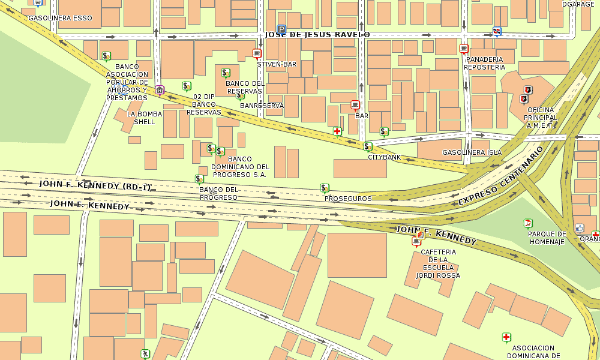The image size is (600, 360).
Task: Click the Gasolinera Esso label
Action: [61, 18]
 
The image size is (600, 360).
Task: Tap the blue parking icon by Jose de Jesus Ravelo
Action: [281, 29]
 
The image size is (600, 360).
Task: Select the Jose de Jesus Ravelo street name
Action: [317, 35]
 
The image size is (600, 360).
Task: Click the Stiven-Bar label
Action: [277, 64]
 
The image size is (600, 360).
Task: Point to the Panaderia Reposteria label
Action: [485, 63]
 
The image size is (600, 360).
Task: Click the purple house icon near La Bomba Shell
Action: [159, 90]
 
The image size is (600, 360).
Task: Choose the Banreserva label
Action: [262, 106]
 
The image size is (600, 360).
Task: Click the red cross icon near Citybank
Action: [337, 131]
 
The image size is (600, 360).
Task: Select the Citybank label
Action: [384, 157]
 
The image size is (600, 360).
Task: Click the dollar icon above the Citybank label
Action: [368, 146]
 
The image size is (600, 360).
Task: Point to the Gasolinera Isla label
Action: [472, 152]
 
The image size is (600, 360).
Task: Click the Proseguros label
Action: [348, 198]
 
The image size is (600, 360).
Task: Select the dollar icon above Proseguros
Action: [325, 188]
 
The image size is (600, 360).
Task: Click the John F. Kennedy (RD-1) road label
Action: [95, 185]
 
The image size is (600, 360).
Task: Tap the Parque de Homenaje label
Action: [547, 238]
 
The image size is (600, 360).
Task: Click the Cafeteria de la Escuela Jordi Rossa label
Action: [439, 263]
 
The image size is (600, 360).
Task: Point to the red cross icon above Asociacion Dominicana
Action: [506, 337]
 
